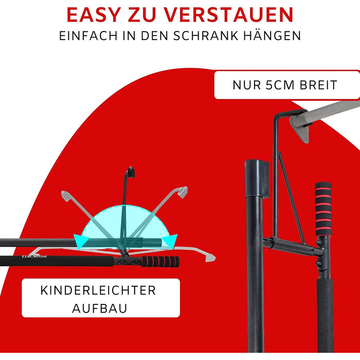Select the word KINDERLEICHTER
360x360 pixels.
pos(98,291)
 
